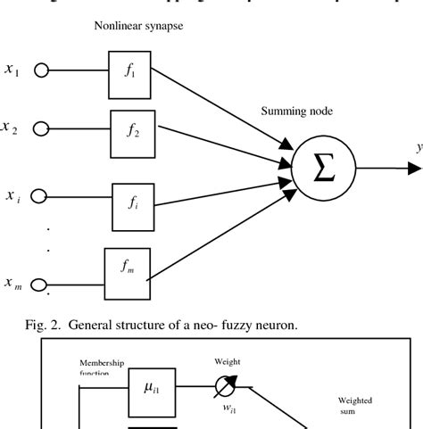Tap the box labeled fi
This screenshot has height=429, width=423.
(x=134, y=203)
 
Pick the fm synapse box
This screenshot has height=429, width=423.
(x=126, y=267)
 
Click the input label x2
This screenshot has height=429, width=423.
(x=10, y=128)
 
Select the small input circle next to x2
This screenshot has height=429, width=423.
(x=39, y=130)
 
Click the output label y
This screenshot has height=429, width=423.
(x=417, y=147)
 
